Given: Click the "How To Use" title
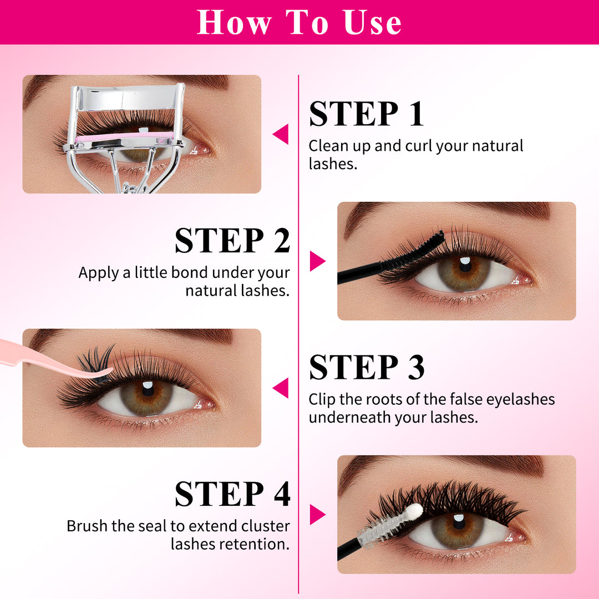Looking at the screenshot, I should click(x=299, y=22).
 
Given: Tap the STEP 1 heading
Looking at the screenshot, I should click(x=367, y=114).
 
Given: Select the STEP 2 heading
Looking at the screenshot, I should click(x=232, y=240).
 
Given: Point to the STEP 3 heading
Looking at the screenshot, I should click(x=367, y=367).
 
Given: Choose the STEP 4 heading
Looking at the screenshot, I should click(x=232, y=494).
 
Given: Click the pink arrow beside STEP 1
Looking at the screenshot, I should click(x=281, y=134).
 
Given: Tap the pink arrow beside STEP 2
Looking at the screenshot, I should click(x=317, y=261).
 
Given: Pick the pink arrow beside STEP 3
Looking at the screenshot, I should click(x=281, y=388).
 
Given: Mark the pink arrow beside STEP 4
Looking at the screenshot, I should click(x=317, y=514).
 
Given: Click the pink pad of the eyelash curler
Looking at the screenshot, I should click(x=125, y=137).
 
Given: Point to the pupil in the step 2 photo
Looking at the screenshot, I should click(x=465, y=266).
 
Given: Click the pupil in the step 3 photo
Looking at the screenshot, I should click(x=148, y=390).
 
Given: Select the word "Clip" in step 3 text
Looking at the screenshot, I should click(x=321, y=399).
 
